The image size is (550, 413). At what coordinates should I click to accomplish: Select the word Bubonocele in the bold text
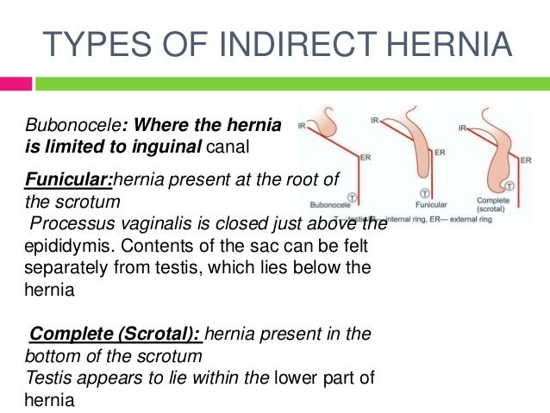tap(58, 126)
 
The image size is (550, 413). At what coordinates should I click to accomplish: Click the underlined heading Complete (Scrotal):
tap(115, 334)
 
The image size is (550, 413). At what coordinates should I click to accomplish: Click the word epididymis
tap(54, 247)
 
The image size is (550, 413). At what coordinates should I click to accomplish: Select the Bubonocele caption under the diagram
tap(331, 205)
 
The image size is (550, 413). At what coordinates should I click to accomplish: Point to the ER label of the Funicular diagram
tap(440, 153)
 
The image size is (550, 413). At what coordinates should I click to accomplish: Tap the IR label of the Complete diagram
tap(463, 128)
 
